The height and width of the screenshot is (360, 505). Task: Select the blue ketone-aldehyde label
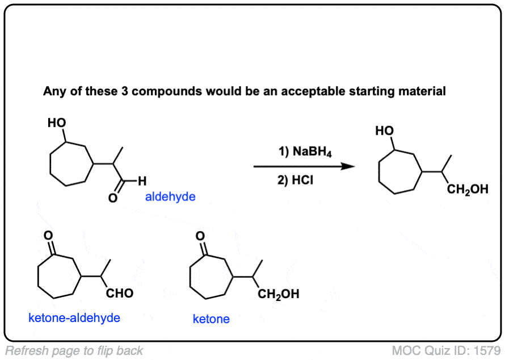74,317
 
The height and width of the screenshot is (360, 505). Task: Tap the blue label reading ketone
211,319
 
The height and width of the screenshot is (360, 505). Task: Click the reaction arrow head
347,167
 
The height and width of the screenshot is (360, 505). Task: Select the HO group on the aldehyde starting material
57,122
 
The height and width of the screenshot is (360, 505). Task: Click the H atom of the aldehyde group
142,182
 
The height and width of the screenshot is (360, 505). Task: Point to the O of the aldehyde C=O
113,199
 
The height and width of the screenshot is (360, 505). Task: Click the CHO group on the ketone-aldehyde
120,294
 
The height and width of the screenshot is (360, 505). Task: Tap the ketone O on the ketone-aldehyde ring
49,235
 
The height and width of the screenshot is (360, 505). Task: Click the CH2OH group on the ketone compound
278,295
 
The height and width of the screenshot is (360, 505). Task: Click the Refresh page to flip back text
74,350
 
